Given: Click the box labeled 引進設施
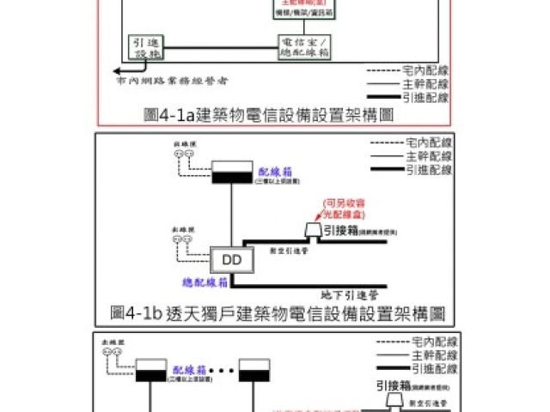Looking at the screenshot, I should pos(144,47).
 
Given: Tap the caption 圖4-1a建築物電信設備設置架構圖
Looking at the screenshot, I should pos(269,113).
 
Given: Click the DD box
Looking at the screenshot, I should pos(231,258).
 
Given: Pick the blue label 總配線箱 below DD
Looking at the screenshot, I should pos(205,282).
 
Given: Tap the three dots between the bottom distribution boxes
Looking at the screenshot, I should pos(222,372).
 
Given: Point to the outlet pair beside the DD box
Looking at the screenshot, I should pos(181,241).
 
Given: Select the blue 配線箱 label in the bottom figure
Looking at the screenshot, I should pos(188,369).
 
